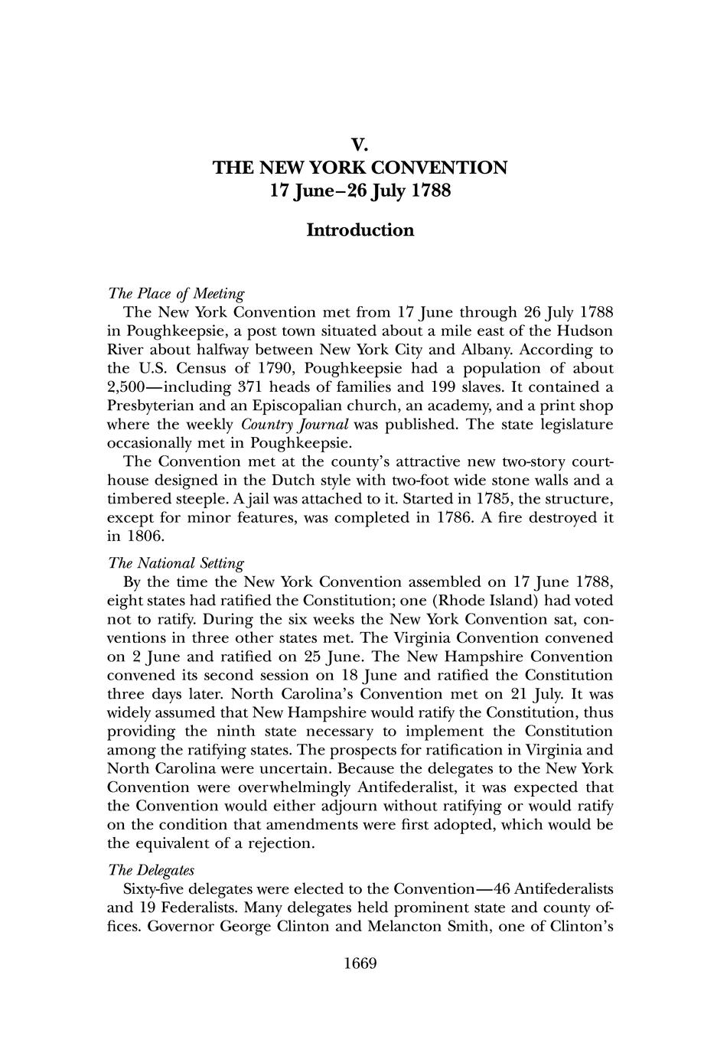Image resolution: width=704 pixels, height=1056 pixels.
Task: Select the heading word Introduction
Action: (360, 230)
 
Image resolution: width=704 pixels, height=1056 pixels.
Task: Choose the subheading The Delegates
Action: (151, 871)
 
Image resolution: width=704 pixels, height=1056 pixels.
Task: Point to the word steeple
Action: (213, 500)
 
